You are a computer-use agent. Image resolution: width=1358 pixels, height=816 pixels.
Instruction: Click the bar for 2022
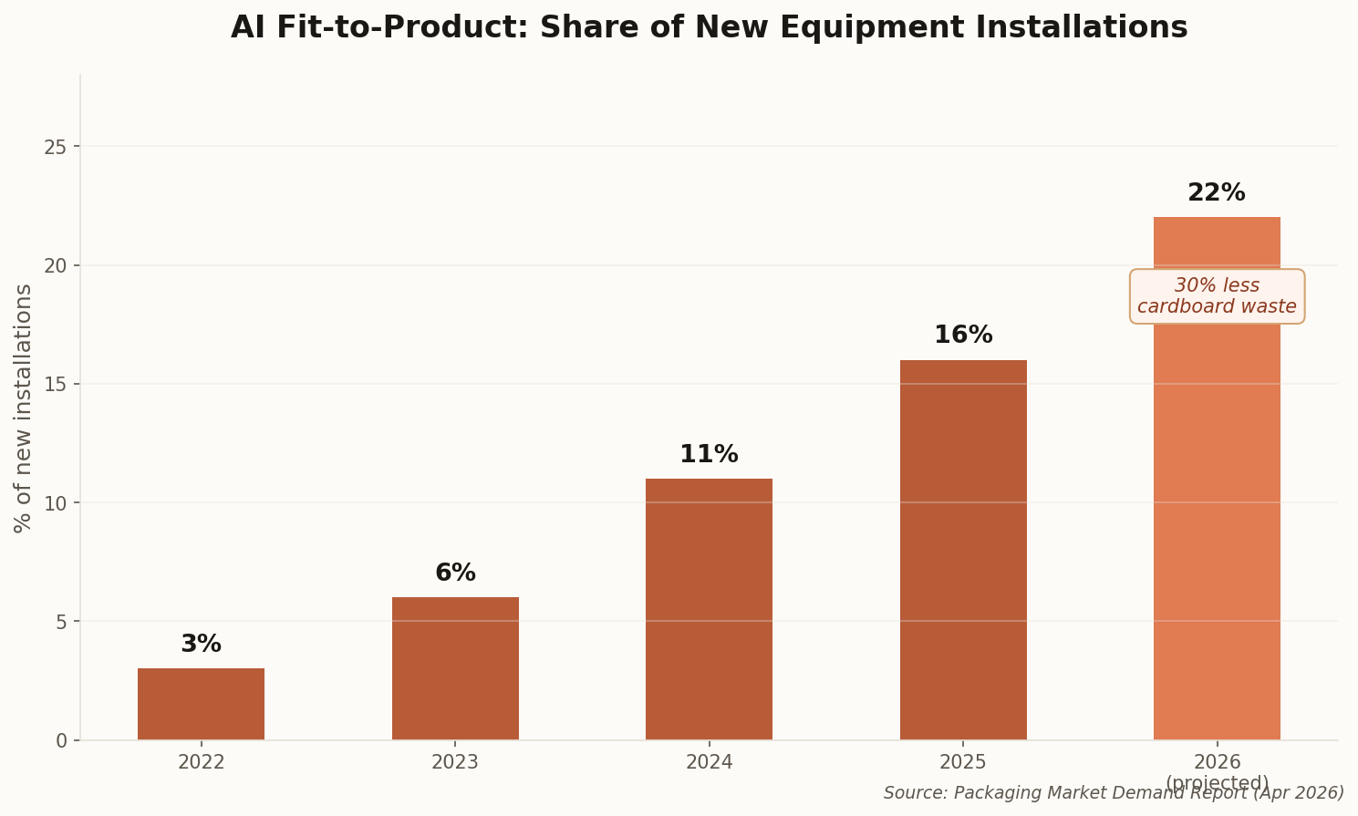201,704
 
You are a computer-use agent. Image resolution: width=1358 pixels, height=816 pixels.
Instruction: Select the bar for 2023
455,668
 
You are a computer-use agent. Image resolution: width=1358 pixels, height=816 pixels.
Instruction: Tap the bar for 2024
709,609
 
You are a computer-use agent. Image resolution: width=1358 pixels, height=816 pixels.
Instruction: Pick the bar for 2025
963,550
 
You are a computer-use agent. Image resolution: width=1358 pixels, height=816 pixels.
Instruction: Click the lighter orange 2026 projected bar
1217,529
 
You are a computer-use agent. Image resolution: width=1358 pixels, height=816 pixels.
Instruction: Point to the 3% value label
201,645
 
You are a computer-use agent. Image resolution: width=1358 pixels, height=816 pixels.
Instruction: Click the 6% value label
455,573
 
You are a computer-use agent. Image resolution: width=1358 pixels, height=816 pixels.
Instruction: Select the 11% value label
709,455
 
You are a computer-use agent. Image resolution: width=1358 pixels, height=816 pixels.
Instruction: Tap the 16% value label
963,336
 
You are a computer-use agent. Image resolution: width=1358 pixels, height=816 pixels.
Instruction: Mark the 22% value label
1217,193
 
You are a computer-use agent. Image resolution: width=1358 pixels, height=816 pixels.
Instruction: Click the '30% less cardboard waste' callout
1217,296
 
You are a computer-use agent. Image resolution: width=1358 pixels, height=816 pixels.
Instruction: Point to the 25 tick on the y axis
56,147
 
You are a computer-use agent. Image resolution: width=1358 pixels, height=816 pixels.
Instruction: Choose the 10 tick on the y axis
56,503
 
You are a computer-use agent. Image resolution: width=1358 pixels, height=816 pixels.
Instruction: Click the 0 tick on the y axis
61,740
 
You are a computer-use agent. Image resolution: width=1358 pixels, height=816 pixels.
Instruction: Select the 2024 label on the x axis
709,762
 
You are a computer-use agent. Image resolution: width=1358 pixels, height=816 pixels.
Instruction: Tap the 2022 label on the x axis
201,762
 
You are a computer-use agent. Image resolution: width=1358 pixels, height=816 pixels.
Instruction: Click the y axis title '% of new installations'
24,408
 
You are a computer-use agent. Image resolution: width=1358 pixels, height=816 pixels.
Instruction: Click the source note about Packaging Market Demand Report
1114,793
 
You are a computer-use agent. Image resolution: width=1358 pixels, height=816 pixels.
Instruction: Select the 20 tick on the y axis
56,265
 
